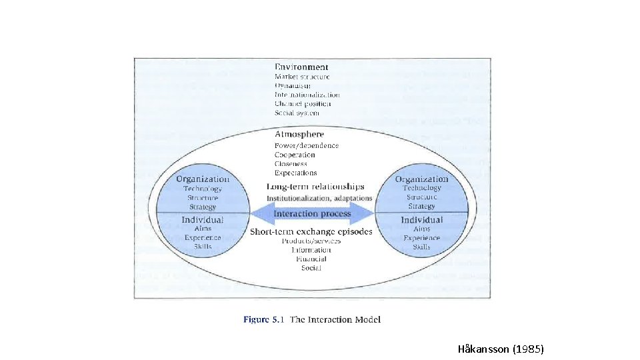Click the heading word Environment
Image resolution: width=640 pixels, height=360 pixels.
(301, 67)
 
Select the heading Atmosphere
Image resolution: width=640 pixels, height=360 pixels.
(299, 134)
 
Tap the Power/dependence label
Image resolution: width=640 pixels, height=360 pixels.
(307, 145)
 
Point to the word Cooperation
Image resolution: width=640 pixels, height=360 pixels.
(295, 155)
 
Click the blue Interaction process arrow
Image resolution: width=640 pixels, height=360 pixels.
(312, 213)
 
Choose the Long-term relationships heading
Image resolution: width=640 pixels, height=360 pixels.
(316, 187)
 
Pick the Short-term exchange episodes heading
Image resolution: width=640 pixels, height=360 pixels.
(311, 231)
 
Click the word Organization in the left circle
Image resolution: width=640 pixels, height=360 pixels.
(203, 179)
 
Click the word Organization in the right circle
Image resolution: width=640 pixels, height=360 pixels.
(421, 179)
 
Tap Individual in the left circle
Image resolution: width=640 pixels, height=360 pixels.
(203, 219)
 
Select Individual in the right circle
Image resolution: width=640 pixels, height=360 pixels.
(421, 219)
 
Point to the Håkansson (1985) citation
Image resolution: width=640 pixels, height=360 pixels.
(501, 348)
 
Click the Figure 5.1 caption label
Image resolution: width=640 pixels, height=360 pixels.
(264, 320)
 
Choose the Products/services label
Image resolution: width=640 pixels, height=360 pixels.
(311, 241)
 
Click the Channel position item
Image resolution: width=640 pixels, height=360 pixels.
(303, 104)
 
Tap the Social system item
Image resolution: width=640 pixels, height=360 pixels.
(297, 113)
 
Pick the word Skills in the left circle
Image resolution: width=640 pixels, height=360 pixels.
(203, 247)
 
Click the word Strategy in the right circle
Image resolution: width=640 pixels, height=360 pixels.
(421, 206)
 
